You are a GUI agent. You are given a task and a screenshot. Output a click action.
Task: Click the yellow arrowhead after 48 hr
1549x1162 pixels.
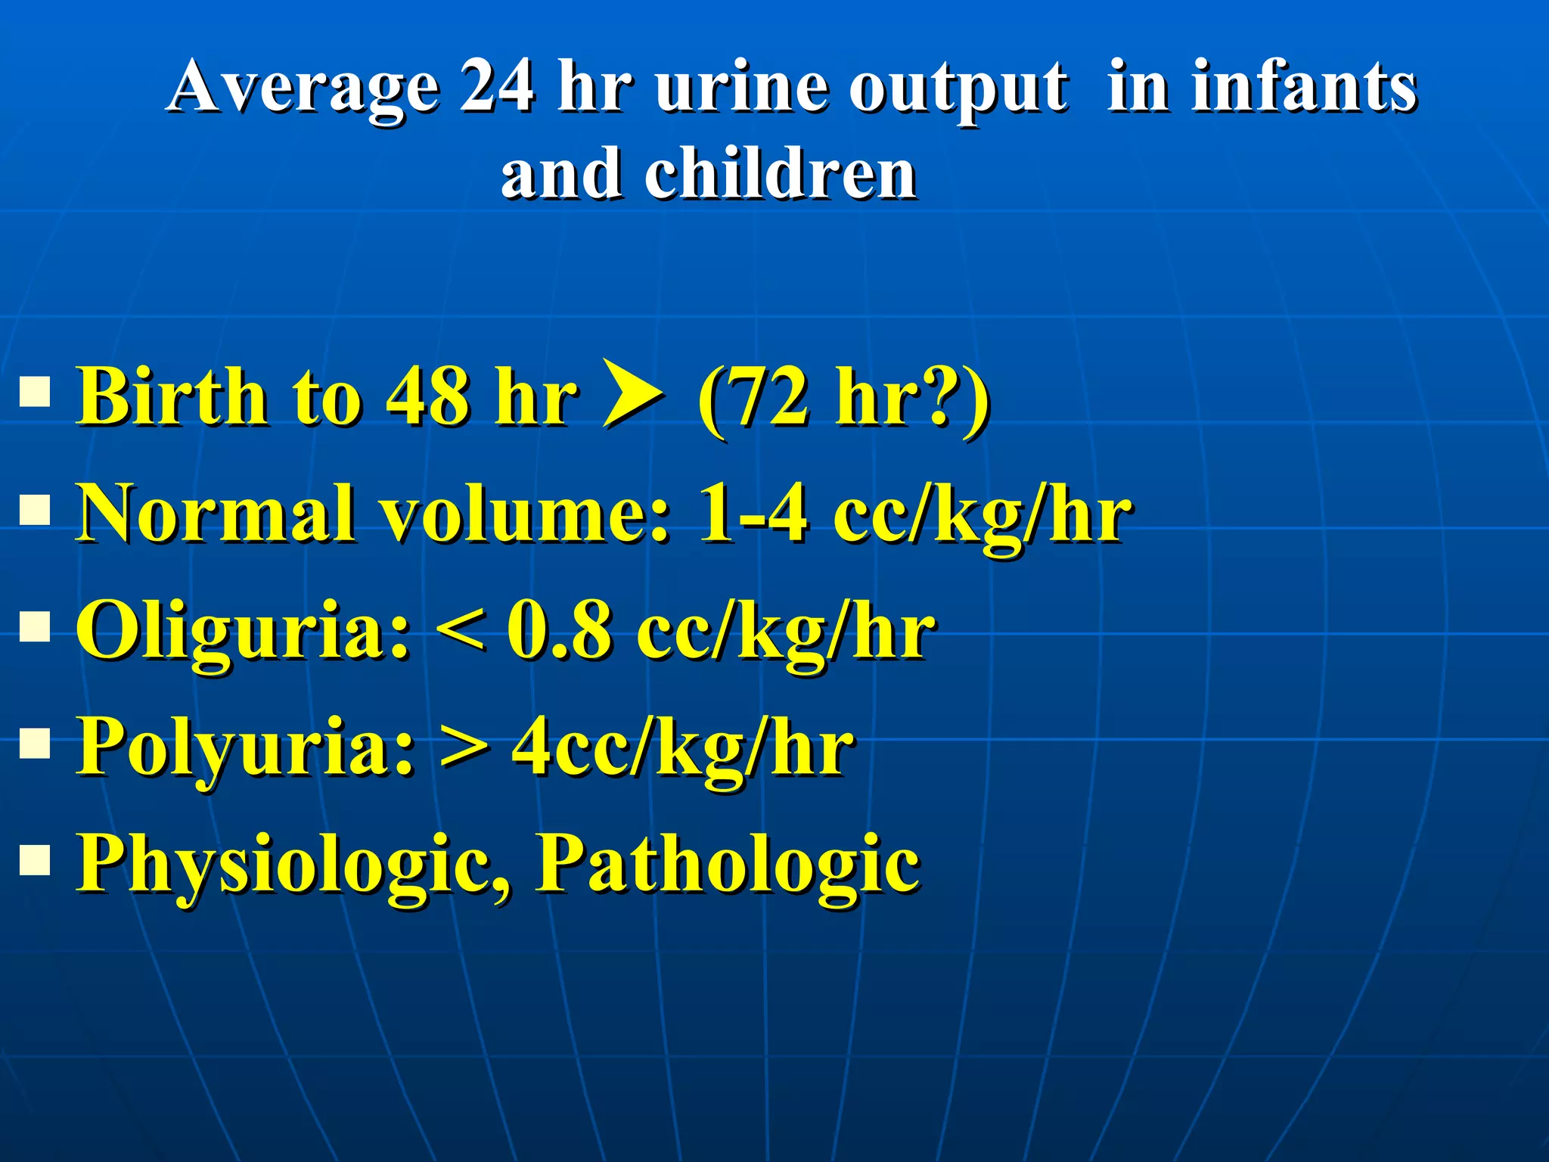tap(634, 393)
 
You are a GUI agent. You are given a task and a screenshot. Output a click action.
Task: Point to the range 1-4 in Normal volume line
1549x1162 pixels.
tap(752, 515)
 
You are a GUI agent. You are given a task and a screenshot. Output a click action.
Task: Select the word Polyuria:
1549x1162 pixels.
tap(246, 748)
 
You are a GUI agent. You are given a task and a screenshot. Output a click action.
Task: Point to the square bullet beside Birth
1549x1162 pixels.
tap(35, 393)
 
